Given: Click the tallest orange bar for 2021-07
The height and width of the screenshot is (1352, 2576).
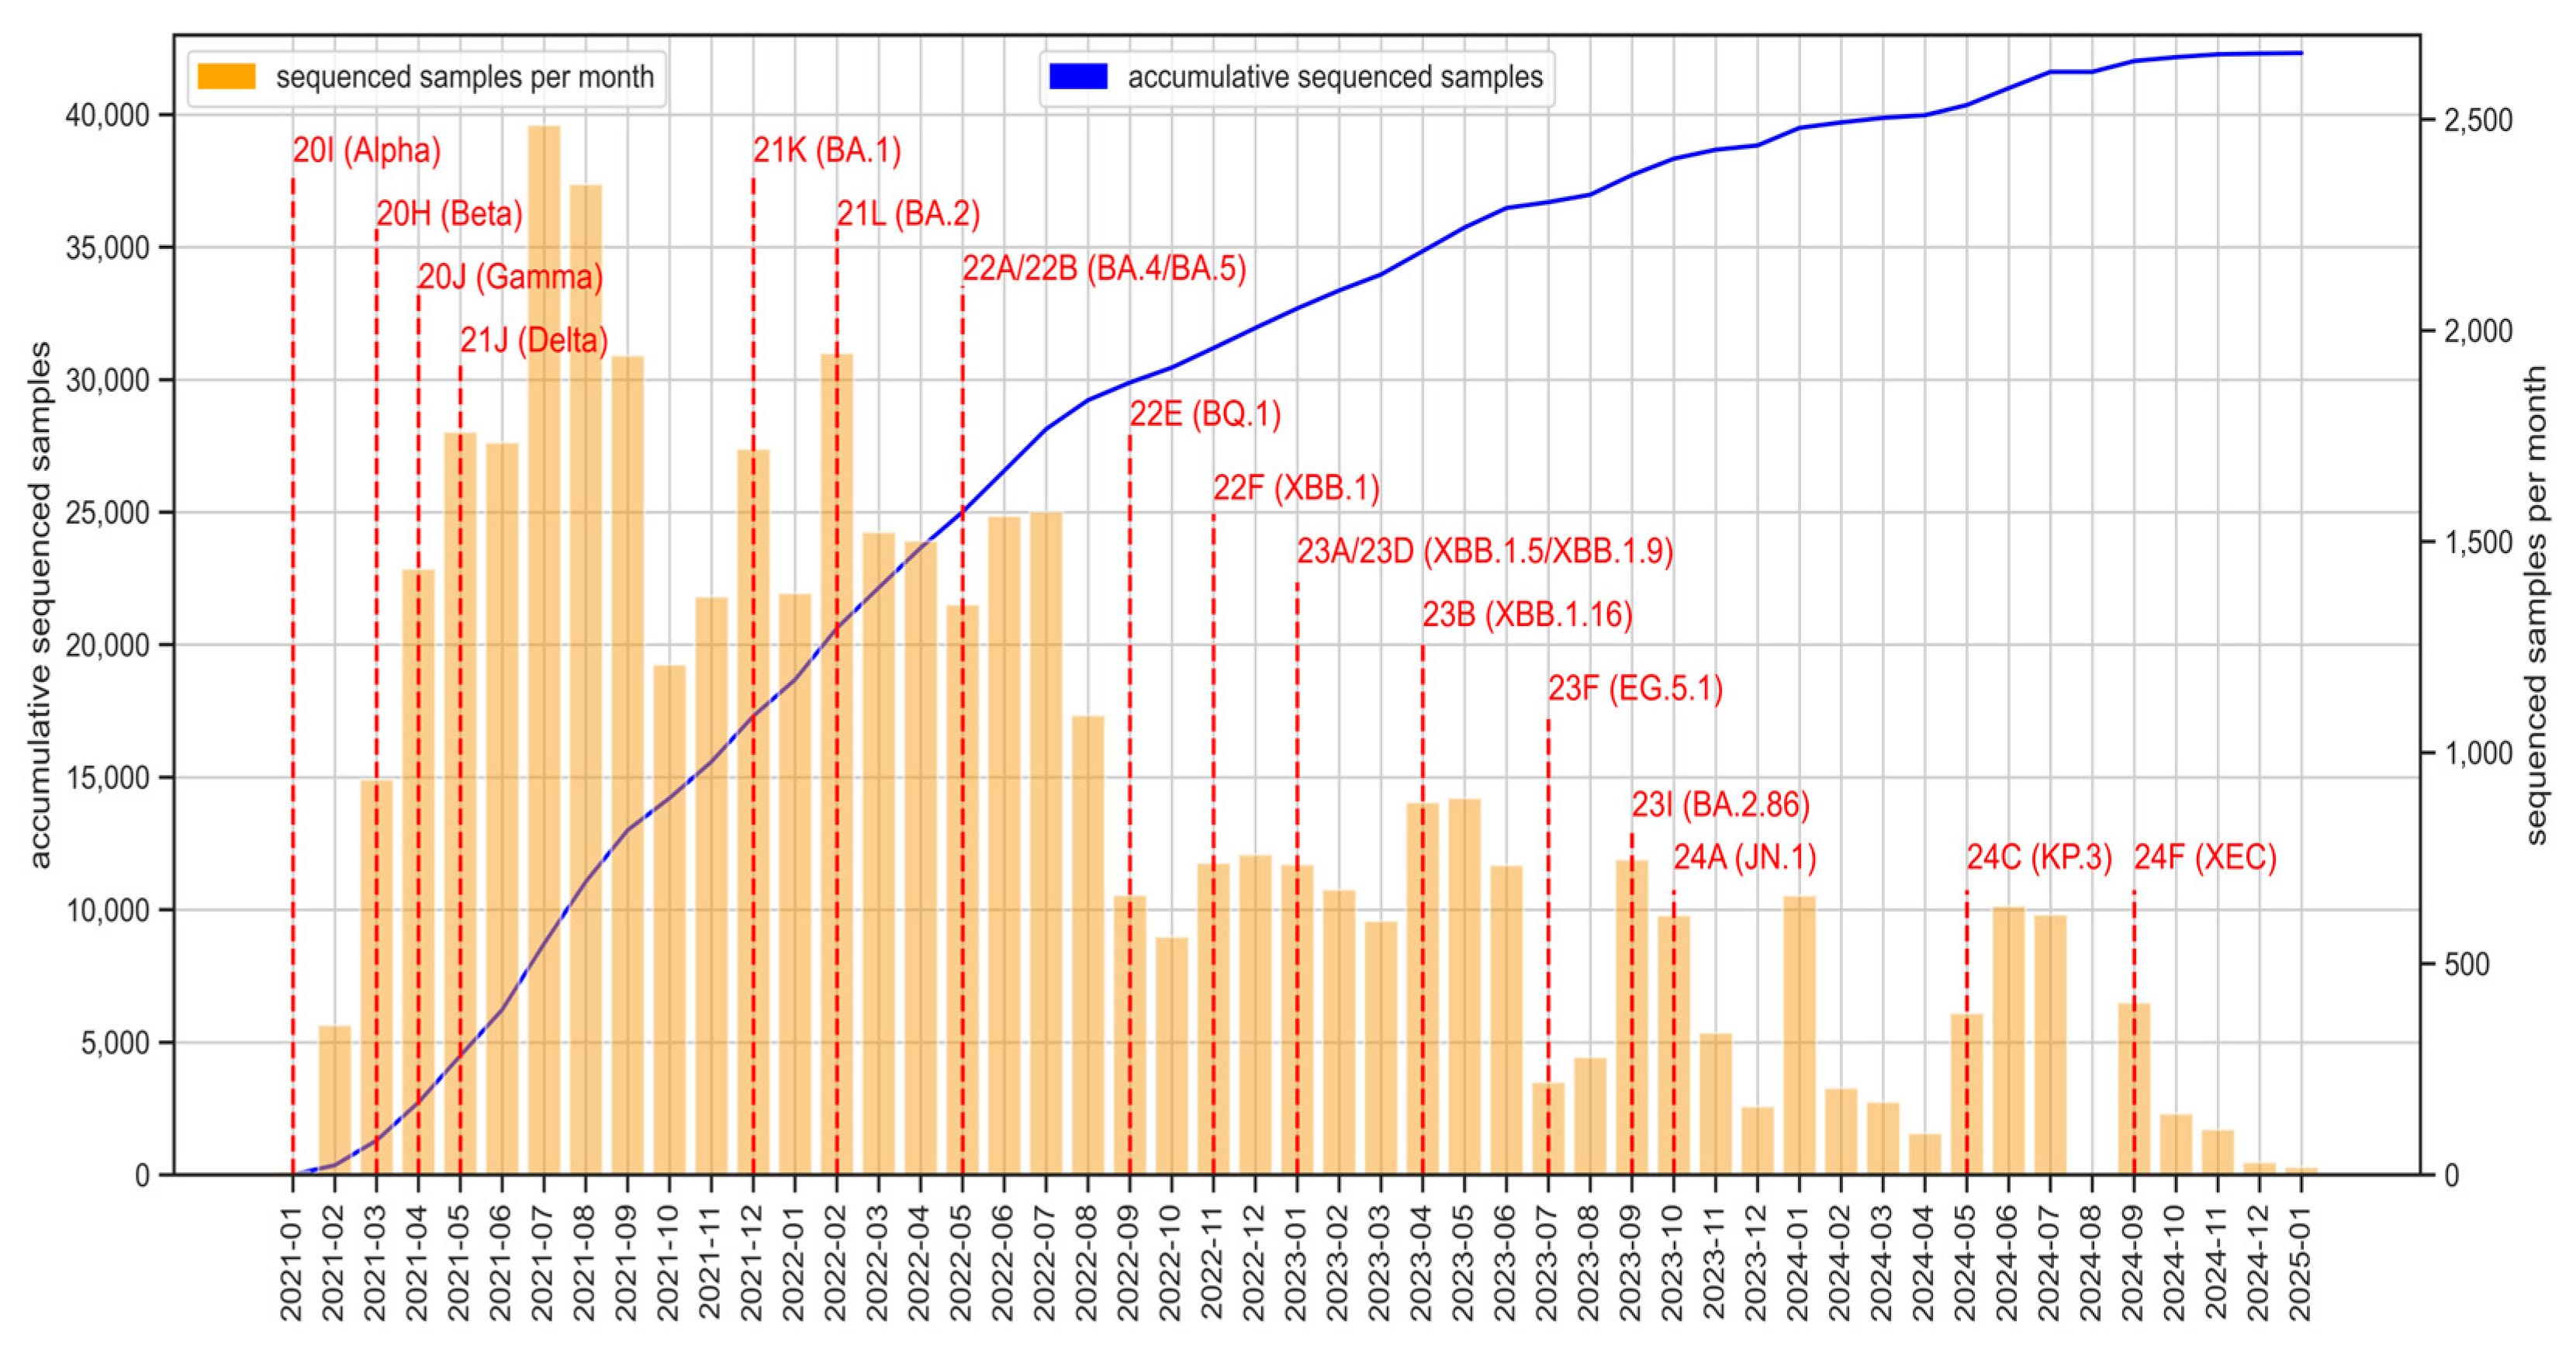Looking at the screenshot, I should point(543,650).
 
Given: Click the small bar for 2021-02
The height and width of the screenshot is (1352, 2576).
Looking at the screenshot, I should point(335,1100).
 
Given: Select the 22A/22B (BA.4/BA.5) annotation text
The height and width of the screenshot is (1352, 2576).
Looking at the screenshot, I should point(1104,269).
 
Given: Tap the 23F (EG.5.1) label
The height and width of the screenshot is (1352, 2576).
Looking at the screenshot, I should point(1635,689).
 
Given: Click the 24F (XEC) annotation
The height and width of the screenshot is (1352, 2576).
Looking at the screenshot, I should point(2205,858).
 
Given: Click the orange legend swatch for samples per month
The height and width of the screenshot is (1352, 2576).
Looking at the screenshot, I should point(226,77).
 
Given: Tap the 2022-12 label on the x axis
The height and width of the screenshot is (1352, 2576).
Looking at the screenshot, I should point(1255,1262).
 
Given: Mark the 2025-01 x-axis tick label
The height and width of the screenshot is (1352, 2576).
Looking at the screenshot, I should point(2301,1262).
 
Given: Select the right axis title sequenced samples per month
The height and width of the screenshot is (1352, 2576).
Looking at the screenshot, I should point(2535,605).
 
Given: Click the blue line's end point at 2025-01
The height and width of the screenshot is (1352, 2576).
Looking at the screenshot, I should point(2301,53).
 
